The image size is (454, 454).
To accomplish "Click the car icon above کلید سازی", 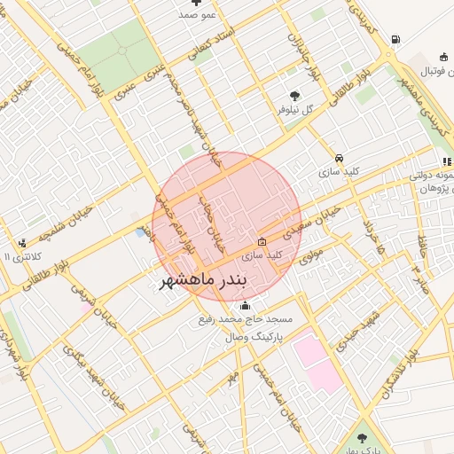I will click(x=339, y=159).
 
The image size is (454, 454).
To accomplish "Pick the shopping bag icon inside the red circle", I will click(x=262, y=241).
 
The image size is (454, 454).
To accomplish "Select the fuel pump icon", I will click(x=395, y=39).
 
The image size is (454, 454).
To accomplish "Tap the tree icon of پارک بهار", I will click(x=361, y=437).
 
